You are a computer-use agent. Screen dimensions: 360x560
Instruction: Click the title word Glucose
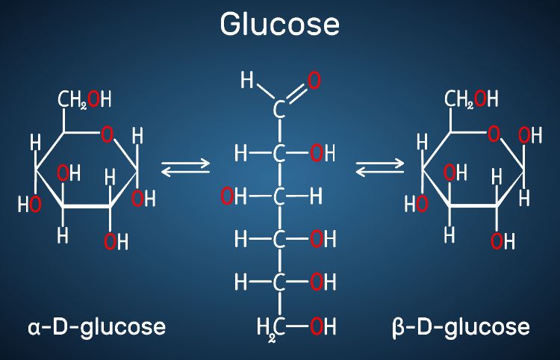(x=279, y=25)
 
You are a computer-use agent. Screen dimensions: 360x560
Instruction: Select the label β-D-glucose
(x=461, y=326)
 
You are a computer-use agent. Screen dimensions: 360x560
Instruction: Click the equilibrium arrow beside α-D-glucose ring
(x=186, y=170)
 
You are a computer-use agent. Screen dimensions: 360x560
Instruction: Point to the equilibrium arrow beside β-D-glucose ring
(x=380, y=170)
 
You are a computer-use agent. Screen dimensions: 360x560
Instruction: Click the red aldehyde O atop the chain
(x=314, y=79)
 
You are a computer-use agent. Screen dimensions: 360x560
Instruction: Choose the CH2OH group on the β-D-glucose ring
(x=471, y=100)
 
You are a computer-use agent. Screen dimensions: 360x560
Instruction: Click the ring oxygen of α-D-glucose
(x=108, y=135)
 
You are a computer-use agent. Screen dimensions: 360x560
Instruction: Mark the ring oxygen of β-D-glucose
(x=494, y=135)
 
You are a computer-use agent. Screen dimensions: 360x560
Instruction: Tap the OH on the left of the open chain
(x=232, y=196)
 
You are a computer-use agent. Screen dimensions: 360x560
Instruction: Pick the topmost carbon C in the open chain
(x=279, y=111)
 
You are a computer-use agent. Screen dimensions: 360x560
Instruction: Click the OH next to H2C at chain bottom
(x=323, y=326)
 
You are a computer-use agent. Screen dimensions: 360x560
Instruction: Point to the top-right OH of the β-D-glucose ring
(x=530, y=135)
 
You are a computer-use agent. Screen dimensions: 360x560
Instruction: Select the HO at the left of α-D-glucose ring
(x=29, y=203)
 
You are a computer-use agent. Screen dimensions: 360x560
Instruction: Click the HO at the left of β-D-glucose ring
(x=415, y=203)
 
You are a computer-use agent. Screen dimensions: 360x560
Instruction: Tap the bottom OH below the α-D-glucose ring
(x=116, y=241)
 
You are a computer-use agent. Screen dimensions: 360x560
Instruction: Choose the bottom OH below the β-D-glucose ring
(x=503, y=241)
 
